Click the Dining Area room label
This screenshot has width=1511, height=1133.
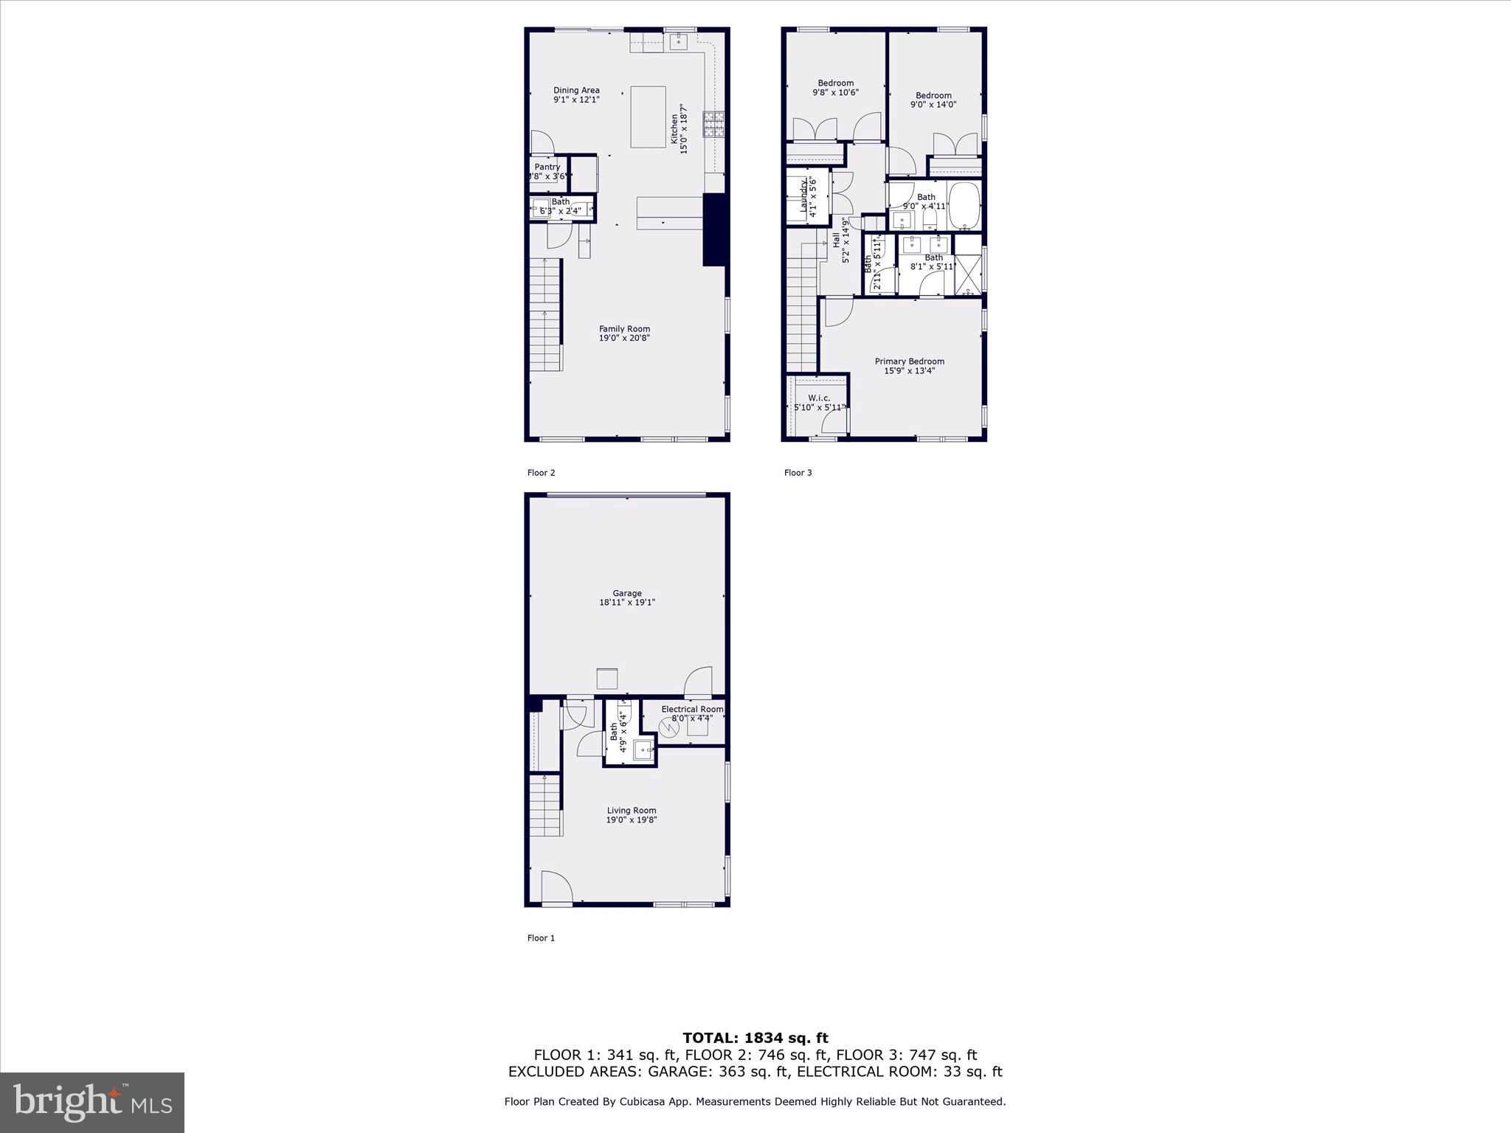pyautogui.click(x=576, y=91)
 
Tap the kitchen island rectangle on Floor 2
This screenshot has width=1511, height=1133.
pyautogui.click(x=648, y=117)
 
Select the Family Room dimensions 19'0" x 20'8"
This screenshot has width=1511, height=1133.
pyautogui.click(x=624, y=339)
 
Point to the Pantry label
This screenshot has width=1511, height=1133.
pyautogui.click(x=547, y=167)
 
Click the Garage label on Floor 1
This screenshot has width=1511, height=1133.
pyautogui.click(x=627, y=593)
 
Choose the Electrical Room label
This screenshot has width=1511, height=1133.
pyautogui.click(x=692, y=710)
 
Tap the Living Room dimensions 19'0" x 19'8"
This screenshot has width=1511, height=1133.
pyautogui.click(x=632, y=820)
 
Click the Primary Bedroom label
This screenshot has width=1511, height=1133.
pyautogui.click(x=909, y=361)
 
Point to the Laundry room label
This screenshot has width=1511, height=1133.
pyautogui.click(x=803, y=196)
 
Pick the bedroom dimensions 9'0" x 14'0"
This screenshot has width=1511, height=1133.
pyautogui.click(x=933, y=105)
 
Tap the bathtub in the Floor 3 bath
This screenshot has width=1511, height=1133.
pyautogui.click(x=964, y=206)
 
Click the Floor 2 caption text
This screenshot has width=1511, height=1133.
pyautogui.click(x=541, y=473)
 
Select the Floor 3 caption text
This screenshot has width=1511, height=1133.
pyautogui.click(x=798, y=473)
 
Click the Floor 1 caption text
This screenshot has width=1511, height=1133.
pyautogui.click(x=541, y=938)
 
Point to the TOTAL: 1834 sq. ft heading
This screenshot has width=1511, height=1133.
pyautogui.click(x=755, y=1039)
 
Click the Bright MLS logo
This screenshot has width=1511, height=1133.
pyautogui.click(x=92, y=1102)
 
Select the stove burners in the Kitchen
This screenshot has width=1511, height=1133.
pyautogui.click(x=713, y=124)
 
